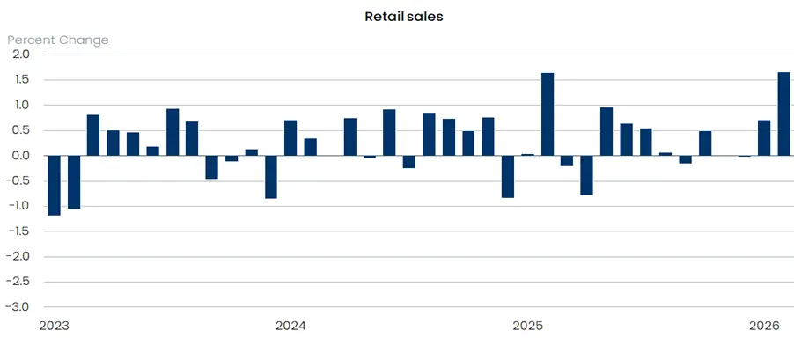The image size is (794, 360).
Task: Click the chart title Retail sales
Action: [396, 16]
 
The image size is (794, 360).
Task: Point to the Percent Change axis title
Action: [58, 40]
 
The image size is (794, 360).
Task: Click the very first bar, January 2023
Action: [54, 185]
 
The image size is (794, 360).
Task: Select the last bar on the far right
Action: [783, 114]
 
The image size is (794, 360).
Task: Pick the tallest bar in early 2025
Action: [548, 114]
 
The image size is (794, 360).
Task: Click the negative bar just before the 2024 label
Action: [271, 177]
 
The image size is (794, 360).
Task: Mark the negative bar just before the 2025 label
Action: [508, 176]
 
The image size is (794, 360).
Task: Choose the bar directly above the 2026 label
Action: [764, 138]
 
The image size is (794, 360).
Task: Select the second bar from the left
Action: [74, 181]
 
